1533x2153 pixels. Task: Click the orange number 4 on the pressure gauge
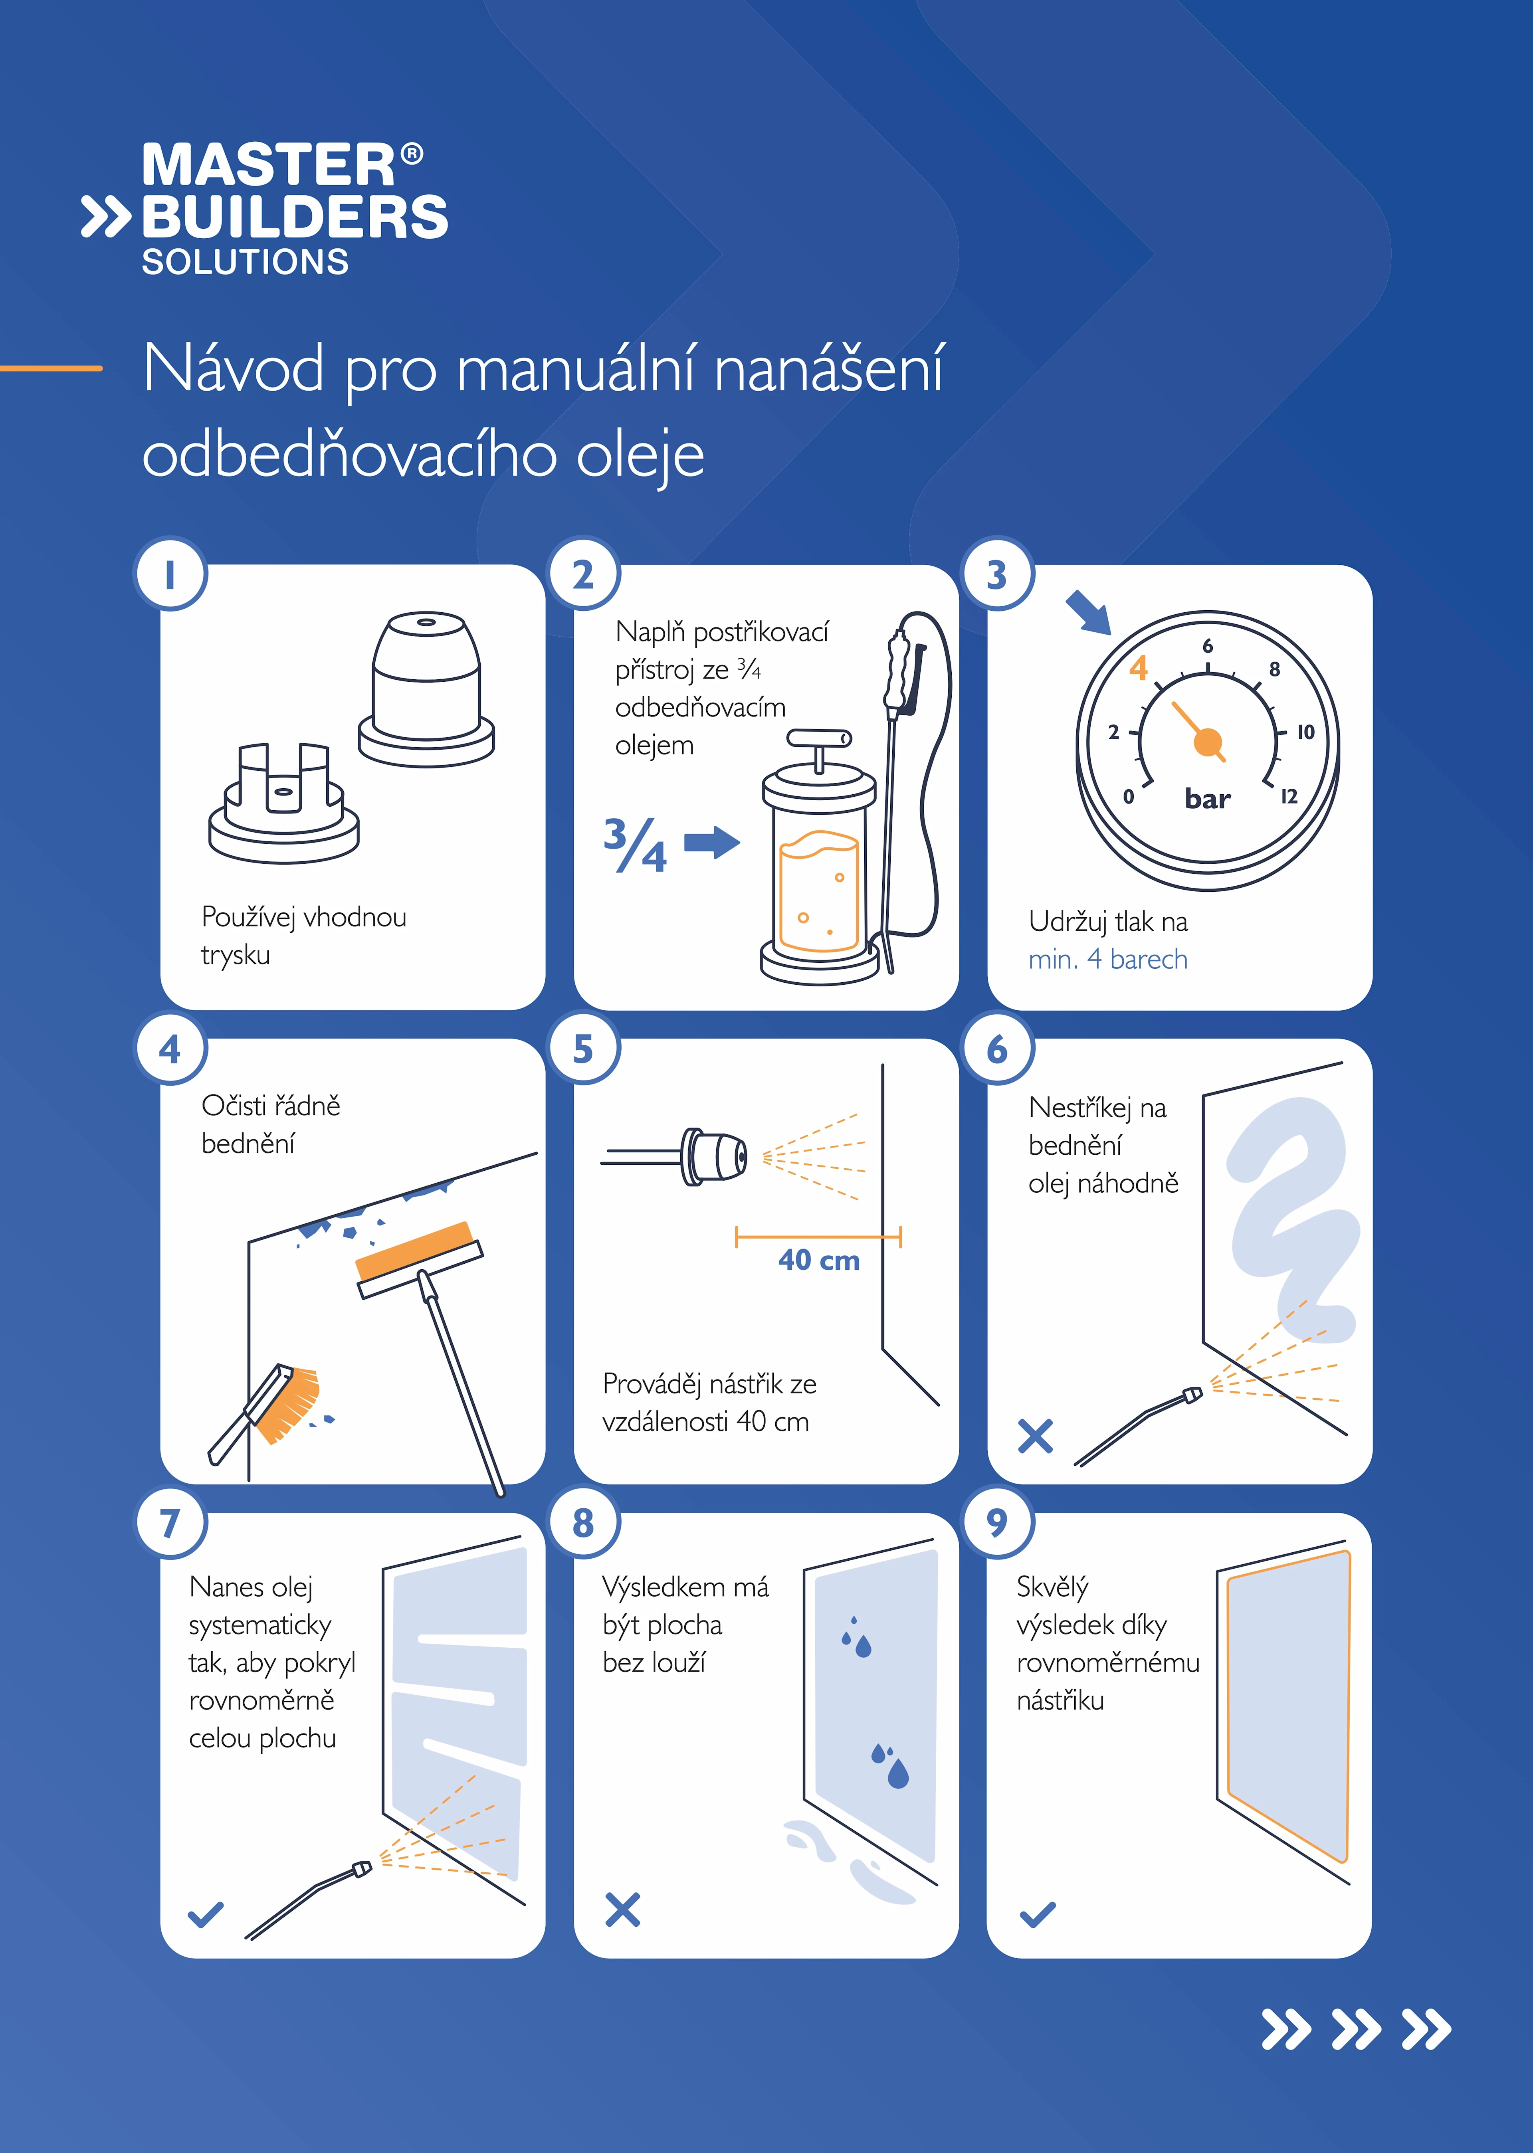(x=1139, y=668)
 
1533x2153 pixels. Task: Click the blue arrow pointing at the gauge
(x=1088, y=613)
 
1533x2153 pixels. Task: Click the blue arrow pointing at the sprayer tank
(x=712, y=842)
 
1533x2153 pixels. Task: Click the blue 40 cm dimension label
(x=818, y=1260)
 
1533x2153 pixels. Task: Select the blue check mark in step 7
(x=206, y=1914)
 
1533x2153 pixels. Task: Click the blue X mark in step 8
(x=622, y=1910)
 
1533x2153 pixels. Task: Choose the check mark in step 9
(x=1038, y=1914)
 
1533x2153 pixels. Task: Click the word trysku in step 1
(x=235, y=955)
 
